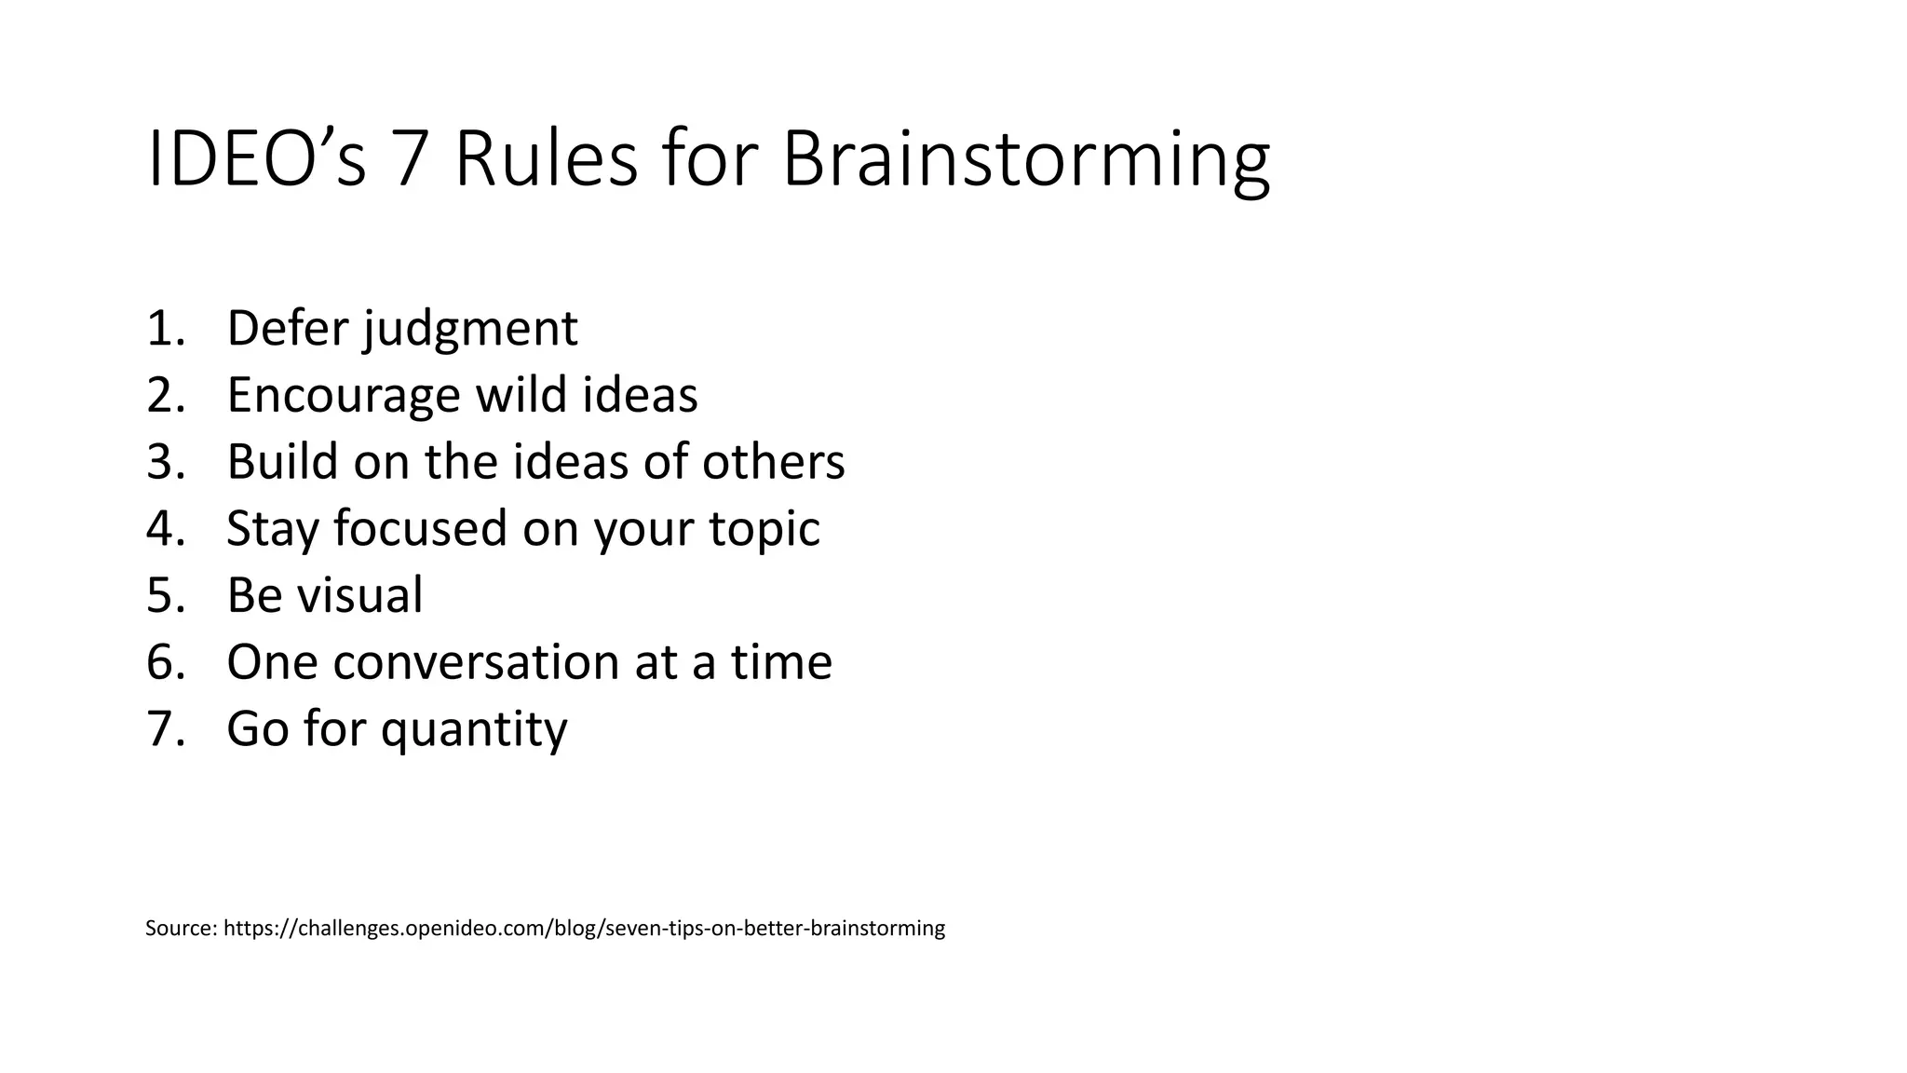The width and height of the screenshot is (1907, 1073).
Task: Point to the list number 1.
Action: coord(164,329)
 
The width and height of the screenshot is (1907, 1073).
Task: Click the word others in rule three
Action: coord(773,462)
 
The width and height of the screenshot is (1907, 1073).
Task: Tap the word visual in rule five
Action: coord(358,595)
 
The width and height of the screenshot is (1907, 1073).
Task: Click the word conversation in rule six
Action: coord(476,662)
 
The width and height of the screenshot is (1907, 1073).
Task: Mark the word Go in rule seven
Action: coord(256,728)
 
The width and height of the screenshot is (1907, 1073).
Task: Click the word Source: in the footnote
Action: coord(182,929)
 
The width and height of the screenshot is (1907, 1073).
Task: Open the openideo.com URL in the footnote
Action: coord(584,929)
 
